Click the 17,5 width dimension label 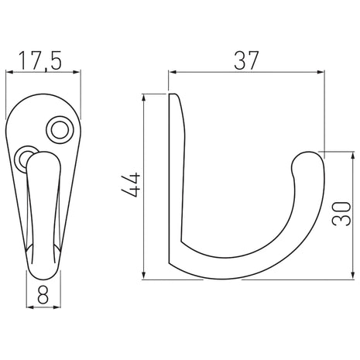pos(40,61)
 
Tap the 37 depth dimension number pos(246,60)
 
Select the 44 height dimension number pos(131,185)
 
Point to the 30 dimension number pos(341,214)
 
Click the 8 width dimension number pos(43,295)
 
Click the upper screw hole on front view pos(60,130)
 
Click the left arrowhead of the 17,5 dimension pos(9,72)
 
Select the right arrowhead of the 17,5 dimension pos(77,72)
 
